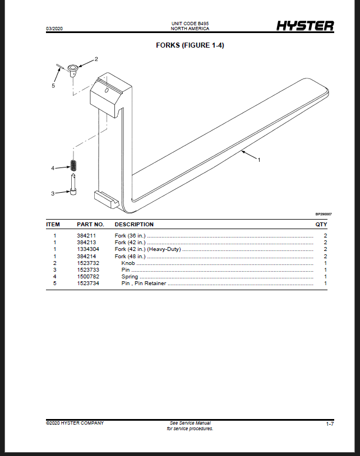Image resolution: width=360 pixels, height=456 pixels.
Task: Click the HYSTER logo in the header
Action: tap(305, 26)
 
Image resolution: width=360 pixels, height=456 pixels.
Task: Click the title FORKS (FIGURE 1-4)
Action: tap(190, 45)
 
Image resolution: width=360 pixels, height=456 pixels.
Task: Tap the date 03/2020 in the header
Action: tap(54, 29)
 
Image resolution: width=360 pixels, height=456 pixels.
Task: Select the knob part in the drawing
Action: tap(73, 71)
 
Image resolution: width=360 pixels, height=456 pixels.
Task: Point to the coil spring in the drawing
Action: tap(73, 165)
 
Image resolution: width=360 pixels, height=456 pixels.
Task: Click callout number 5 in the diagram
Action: tap(53, 86)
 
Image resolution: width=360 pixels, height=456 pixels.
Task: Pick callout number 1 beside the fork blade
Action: tap(259, 160)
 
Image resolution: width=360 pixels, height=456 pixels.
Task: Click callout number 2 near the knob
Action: tap(96, 59)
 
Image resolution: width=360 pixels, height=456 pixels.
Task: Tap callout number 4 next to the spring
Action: tap(53, 168)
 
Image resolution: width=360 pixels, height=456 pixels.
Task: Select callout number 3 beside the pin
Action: tap(53, 193)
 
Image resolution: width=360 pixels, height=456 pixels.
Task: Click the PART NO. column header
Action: tap(90, 225)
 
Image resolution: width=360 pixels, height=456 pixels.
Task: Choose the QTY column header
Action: tap(321, 225)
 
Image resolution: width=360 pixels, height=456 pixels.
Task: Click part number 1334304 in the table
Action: tap(88, 249)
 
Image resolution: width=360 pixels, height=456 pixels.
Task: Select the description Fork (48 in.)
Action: tap(130, 257)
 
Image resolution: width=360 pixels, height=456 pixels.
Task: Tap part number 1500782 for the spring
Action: tap(88, 277)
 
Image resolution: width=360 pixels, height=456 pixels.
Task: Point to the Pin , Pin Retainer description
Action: tap(144, 283)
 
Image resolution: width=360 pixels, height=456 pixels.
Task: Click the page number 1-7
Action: tap(330, 424)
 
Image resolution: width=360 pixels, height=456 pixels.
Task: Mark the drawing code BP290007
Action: tap(324, 214)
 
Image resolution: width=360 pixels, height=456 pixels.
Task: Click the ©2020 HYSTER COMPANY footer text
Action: tap(75, 423)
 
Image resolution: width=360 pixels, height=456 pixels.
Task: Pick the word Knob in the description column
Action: tap(128, 263)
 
